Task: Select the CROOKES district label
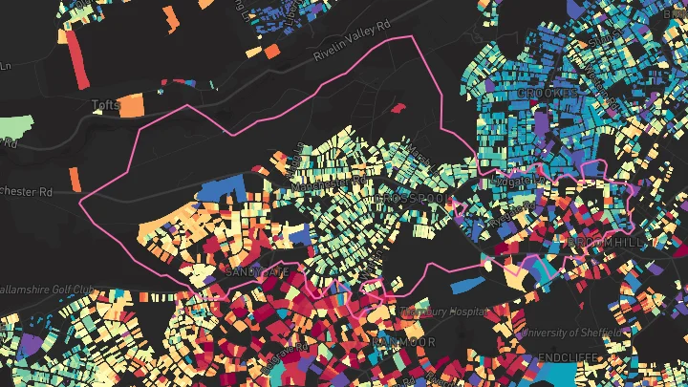pos(548,93)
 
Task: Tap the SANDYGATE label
pos(255,271)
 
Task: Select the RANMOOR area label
pos(403,341)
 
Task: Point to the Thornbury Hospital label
pos(447,312)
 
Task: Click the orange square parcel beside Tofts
pos(131,104)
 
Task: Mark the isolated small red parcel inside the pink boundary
pos(397,107)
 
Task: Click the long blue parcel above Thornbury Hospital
pos(469,284)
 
